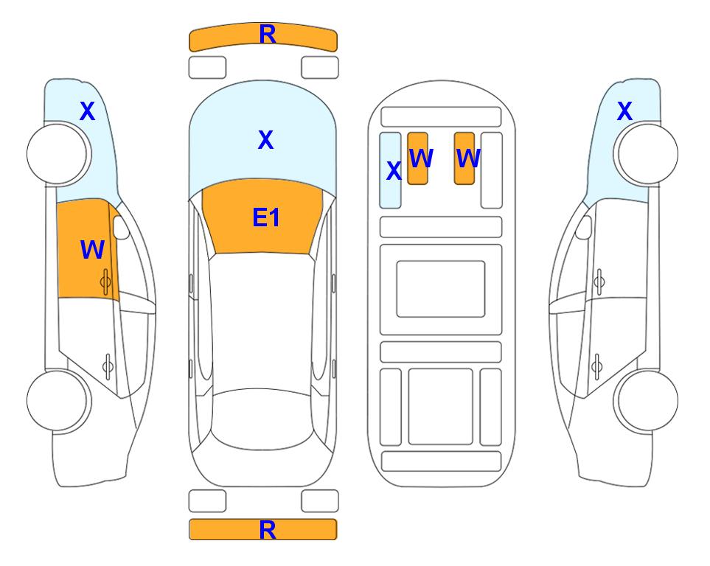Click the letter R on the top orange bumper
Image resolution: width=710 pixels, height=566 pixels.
click(268, 35)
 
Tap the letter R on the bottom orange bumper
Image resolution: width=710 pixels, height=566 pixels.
click(268, 530)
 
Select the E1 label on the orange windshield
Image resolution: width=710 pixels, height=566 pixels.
click(266, 217)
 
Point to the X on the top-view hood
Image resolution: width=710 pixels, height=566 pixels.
click(266, 139)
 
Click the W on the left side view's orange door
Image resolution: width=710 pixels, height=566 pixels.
click(92, 249)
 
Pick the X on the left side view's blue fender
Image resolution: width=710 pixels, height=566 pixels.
click(88, 111)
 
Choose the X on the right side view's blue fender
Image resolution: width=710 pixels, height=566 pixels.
click(624, 111)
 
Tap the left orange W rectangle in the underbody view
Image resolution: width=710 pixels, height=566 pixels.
click(417, 158)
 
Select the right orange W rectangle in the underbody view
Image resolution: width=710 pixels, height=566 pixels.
click(464, 158)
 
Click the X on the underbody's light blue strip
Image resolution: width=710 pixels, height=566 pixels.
click(394, 171)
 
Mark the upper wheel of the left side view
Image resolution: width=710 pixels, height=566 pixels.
click(58, 154)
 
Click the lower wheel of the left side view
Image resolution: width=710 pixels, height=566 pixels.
click(58, 401)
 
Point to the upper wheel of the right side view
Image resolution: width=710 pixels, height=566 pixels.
click(647, 154)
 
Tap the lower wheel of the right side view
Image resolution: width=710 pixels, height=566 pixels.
click(647, 401)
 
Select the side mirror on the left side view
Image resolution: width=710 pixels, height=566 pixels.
click(121, 227)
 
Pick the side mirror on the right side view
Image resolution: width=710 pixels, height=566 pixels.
click(584, 227)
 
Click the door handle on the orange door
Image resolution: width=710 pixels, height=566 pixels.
click(106, 282)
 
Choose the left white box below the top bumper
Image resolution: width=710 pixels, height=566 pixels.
click(207, 68)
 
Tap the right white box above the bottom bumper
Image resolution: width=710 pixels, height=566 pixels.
click(320, 501)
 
